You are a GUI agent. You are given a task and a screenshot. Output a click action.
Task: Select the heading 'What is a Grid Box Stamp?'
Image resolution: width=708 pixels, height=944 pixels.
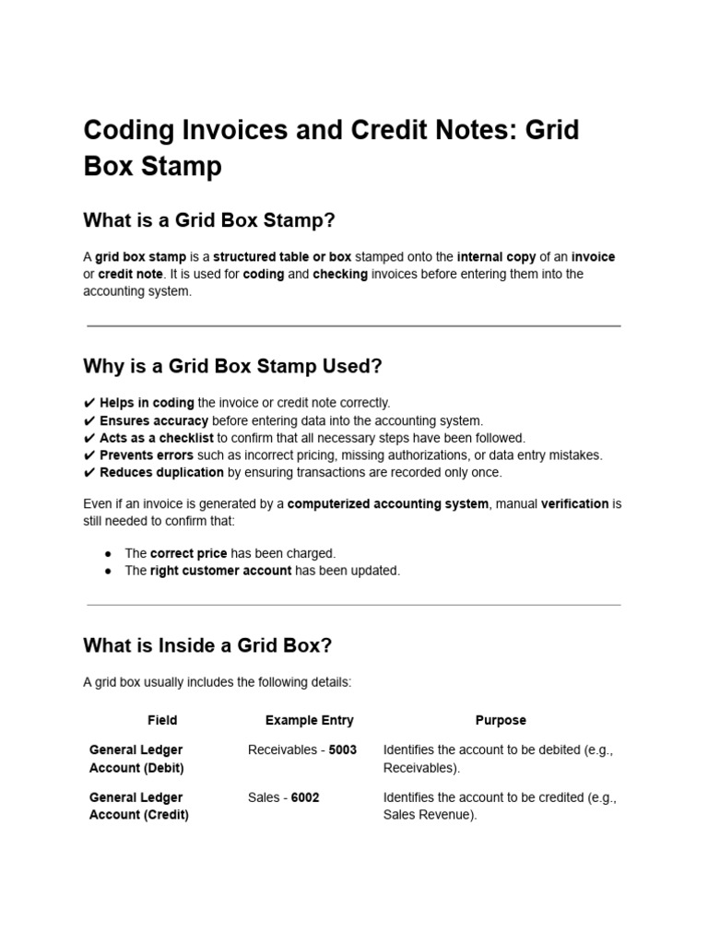[209, 220]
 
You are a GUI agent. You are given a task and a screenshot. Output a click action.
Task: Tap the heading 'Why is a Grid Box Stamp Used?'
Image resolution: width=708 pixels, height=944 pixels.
[232, 366]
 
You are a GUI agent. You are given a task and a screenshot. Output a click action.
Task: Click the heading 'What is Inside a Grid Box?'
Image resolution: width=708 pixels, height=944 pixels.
[207, 645]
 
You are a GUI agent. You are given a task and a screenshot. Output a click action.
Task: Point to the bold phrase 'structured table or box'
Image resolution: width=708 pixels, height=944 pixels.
[282, 256]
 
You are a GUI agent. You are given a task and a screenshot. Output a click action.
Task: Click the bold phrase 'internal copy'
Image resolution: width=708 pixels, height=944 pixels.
[495, 256]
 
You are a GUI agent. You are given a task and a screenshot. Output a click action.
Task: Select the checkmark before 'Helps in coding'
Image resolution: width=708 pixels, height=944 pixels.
[88, 403]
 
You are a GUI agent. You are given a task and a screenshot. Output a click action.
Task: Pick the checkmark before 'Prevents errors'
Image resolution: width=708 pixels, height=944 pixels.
[88, 455]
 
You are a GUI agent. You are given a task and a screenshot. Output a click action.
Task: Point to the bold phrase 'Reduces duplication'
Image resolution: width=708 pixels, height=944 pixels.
[161, 472]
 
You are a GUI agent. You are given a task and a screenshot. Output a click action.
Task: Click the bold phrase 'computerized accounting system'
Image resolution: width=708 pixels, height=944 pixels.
[388, 503]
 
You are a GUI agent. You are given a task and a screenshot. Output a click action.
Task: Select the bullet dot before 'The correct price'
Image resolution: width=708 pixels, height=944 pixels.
[109, 553]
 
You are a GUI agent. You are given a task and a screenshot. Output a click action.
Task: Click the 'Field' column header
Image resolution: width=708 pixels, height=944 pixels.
[162, 720]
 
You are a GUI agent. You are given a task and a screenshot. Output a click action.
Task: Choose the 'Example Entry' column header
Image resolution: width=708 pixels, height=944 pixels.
[309, 720]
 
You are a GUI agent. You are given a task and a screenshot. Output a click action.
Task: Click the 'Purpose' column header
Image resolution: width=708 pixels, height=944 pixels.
[501, 720]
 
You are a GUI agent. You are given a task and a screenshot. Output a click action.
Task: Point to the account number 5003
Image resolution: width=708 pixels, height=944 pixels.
[342, 749]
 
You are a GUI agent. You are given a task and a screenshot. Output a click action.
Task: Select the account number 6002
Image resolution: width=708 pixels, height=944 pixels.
[305, 797]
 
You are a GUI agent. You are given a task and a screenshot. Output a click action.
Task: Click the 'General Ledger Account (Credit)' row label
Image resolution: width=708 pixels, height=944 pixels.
[138, 807]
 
